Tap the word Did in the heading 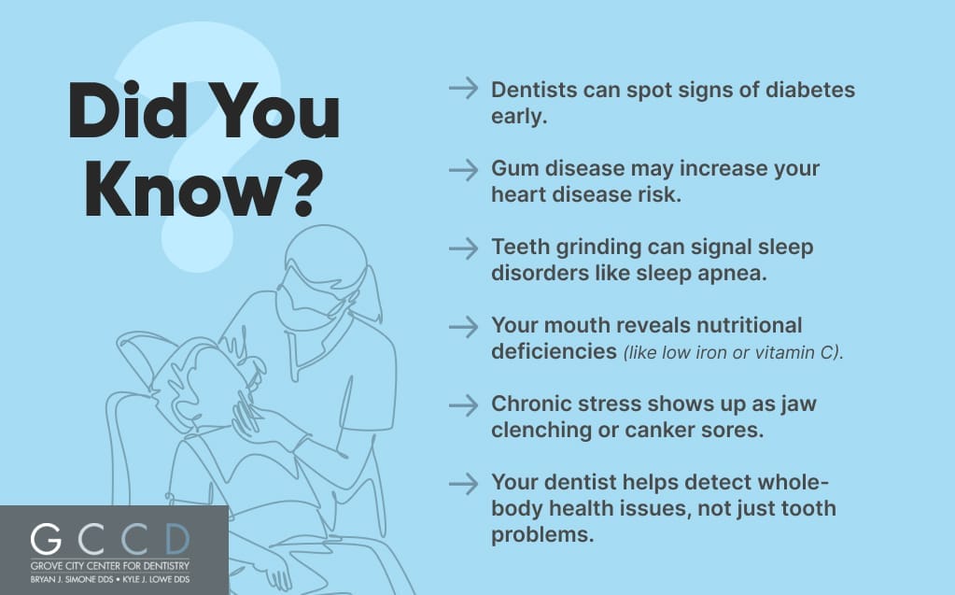[128, 111]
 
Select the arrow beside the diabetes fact [463, 89]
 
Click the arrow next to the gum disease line [463, 169]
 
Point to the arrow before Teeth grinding [463, 248]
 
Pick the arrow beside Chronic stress [463, 404]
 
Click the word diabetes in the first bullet [810, 90]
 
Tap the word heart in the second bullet [519, 194]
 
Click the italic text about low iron [734, 352]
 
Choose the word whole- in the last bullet [793, 482]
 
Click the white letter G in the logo [47, 539]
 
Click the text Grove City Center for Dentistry [109, 566]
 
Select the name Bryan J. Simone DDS [72, 579]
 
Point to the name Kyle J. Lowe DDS [156, 579]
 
